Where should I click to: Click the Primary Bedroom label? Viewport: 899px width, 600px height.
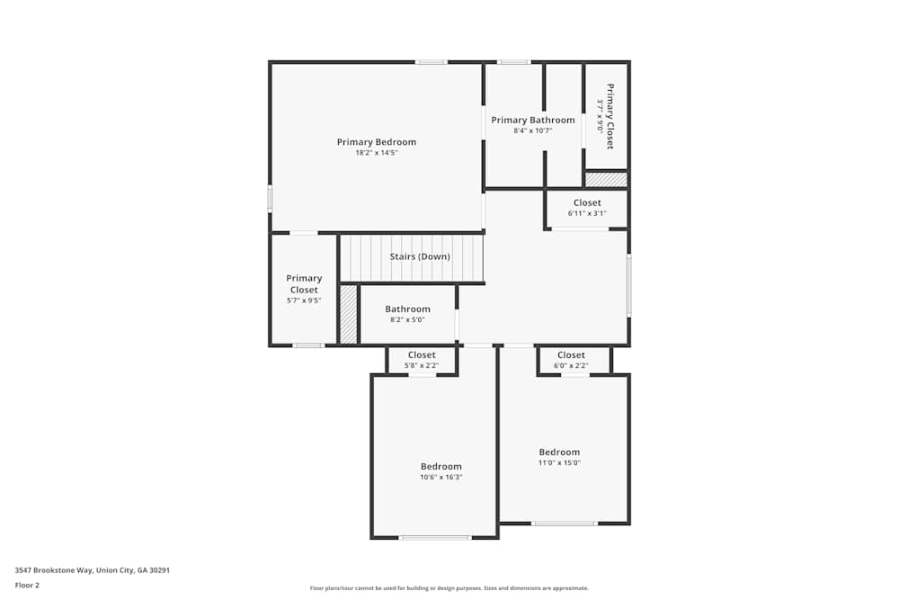[376, 142]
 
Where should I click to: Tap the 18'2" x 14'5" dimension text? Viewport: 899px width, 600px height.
[376, 153]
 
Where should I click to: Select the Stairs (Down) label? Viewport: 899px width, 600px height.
[420, 256]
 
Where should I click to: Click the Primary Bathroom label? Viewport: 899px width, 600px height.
[532, 121]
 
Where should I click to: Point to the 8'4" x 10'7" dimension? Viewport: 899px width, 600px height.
[532, 131]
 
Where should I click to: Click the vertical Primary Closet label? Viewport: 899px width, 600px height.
[610, 117]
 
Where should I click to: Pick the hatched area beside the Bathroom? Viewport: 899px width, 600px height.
[348, 314]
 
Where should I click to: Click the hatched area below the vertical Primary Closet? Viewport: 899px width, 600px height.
[606, 180]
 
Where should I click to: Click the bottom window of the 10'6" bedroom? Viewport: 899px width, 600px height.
[435, 538]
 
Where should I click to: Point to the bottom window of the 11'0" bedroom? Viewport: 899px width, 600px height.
[564, 524]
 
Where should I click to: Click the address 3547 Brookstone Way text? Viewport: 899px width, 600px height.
[93, 570]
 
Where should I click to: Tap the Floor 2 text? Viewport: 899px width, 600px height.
[27, 585]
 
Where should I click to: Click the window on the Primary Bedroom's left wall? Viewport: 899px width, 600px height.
[270, 199]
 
